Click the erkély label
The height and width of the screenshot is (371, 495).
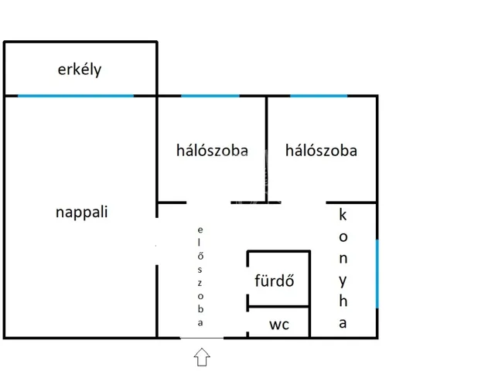pyautogui.click(x=80, y=70)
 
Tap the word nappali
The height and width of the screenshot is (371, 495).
pyautogui.click(x=81, y=212)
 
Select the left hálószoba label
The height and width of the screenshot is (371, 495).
pyautogui.click(x=212, y=151)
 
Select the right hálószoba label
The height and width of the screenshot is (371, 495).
pyautogui.click(x=321, y=151)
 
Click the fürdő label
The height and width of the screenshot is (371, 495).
pyautogui.click(x=274, y=281)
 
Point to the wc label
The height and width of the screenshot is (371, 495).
pyautogui.click(x=279, y=325)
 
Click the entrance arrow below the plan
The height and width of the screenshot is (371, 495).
pyautogui.click(x=202, y=356)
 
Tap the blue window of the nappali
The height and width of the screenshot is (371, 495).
pyautogui.click(x=76, y=96)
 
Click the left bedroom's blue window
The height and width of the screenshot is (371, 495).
pyautogui.click(x=210, y=96)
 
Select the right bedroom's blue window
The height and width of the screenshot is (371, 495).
pyautogui.click(x=319, y=96)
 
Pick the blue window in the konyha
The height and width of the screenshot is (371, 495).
pyautogui.click(x=377, y=272)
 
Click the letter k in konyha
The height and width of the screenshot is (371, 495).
pyautogui.click(x=343, y=215)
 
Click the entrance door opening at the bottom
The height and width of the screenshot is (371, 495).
pyautogui.click(x=202, y=338)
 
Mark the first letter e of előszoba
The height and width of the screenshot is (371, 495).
pyautogui.click(x=200, y=230)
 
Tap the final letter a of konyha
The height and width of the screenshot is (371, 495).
pyautogui.click(x=343, y=323)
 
